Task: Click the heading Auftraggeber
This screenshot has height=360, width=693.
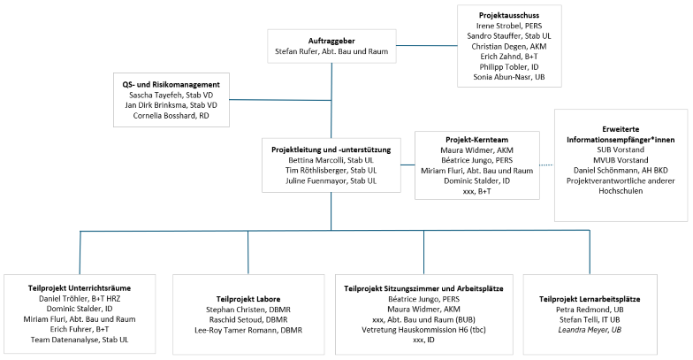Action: pyautogui.click(x=331, y=41)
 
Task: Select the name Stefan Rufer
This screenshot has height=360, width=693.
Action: pyautogui.click(x=303, y=53)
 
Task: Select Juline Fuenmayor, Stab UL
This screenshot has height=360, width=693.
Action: pyautogui.click(x=331, y=181)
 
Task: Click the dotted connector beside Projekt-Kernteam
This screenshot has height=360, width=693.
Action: pyautogui.click(x=546, y=165)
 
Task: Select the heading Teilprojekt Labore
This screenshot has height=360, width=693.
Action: pyautogui.click(x=248, y=300)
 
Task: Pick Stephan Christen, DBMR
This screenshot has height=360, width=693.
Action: pyautogui.click(x=248, y=311)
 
